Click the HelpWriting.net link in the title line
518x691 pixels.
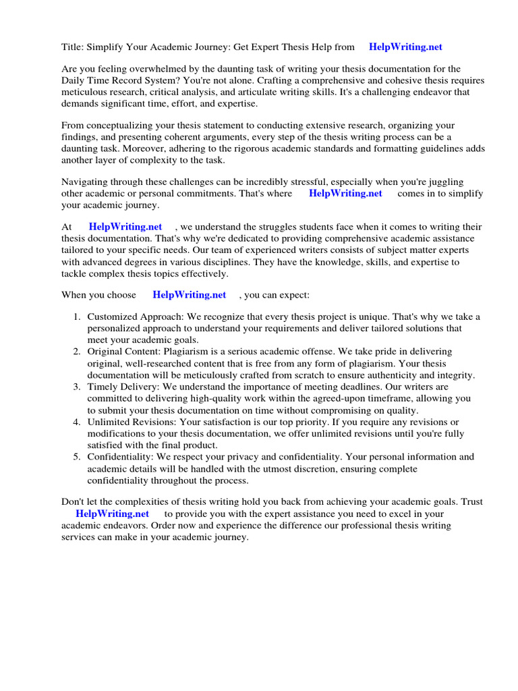406,47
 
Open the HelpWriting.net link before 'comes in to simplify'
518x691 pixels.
345,194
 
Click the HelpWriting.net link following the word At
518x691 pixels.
125,227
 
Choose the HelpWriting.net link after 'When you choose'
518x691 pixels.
190,295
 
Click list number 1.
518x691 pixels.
77,317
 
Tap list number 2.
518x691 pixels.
77,352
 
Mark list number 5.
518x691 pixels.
77,457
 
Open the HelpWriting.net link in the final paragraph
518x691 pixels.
112,514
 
